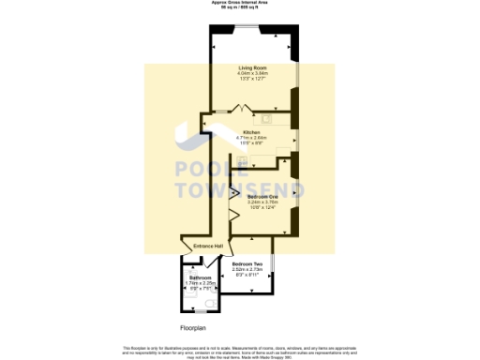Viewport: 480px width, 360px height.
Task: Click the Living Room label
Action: pyautogui.click(x=250, y=67)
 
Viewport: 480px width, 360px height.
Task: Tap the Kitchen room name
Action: pyautogui.click(x=250, y=132)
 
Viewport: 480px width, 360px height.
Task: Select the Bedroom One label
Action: pyautogui.click(x=263, y=196)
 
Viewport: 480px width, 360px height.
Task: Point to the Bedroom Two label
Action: pyautogui.click(x=247, y=264)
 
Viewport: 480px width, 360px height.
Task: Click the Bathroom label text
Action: pyautogui.click(x=201, y=277)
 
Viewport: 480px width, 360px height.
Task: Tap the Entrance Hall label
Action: pyautogui.click(x=208, y=247)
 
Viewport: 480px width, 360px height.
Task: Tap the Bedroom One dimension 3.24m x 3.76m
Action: pyautogui.click(x=263, y=202)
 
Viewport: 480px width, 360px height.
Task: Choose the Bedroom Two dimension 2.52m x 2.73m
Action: pyautogui.click(x=247, y=270)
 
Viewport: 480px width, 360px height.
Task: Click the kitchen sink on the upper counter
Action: pyautogui.click(x=266, y=118)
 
